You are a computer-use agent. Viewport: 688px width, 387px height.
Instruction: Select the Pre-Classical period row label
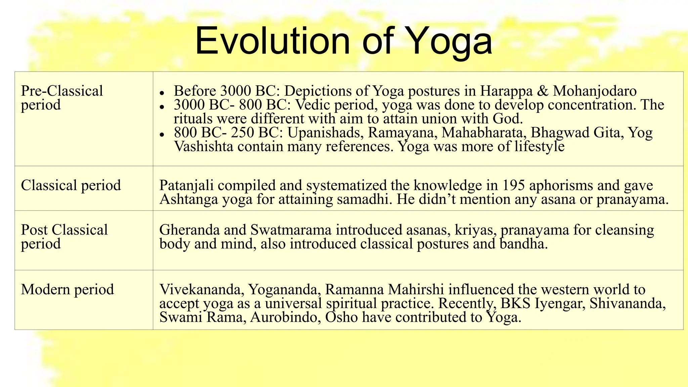(62, 98)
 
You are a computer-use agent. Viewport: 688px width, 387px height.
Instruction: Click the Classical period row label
(71, 185)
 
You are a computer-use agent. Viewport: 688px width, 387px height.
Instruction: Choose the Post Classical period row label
(64, 237)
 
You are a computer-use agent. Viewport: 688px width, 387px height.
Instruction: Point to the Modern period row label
(68, 290)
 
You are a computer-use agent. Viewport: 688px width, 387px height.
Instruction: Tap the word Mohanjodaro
(595, 91)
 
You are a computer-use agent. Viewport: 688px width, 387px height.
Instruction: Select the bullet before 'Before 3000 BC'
(162, 93)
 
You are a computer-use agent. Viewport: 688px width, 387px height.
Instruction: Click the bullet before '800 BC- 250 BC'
(162, 134)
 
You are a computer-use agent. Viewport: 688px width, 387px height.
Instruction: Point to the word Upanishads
(326, 133)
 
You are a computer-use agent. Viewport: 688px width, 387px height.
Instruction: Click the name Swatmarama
(291, 230)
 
